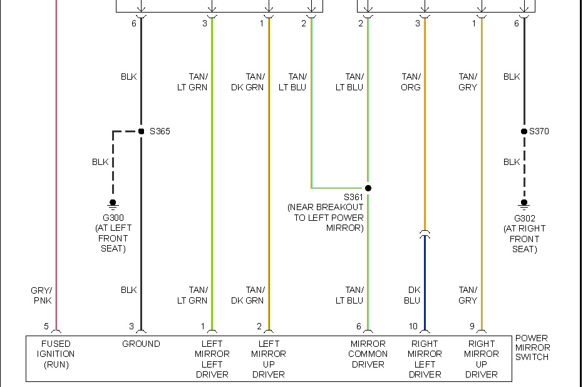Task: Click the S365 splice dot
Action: [x=142, y=132]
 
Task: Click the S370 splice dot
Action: [x=524, y=132]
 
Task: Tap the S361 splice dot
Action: [x=368, y=188]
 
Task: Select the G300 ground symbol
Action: [x=113, y=203]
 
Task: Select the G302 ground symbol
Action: [x=524, y=203]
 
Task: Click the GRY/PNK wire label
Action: [x=41, y=295]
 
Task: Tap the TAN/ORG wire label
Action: [x=411, y=82]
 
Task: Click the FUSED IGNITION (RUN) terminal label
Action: [x=56, y=354]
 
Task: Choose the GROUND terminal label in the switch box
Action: [x=141, y=344]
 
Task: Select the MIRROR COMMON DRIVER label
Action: [x=368, y=354]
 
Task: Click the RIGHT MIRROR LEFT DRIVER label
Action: [x=425, y=359]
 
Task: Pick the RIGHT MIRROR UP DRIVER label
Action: [x=482, y=359]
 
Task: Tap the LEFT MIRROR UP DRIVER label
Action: [x=269, y=359]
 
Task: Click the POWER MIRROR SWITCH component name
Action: [x=532, y=347]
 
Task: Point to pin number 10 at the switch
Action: [x=413, y=326]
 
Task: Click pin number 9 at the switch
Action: [x=473, y=326]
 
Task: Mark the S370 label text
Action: [x=539, y=132]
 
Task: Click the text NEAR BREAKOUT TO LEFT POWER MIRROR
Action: [x=326, y=218]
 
